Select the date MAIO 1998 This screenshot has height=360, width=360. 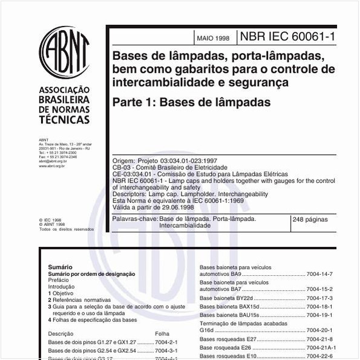coord(213,38)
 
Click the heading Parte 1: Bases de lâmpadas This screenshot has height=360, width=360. coord(191,102)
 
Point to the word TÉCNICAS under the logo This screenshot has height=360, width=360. coord(64,120)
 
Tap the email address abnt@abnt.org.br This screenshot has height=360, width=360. coord(53,162)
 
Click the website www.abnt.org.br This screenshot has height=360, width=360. coord(52,166)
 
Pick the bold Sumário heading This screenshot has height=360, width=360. coord(60,267)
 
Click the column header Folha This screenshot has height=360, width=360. coord(162,333)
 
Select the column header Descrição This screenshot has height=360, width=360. coord(61,333)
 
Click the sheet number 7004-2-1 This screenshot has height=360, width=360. coord(166,342)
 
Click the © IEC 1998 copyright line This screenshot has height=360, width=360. coord(49,220)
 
